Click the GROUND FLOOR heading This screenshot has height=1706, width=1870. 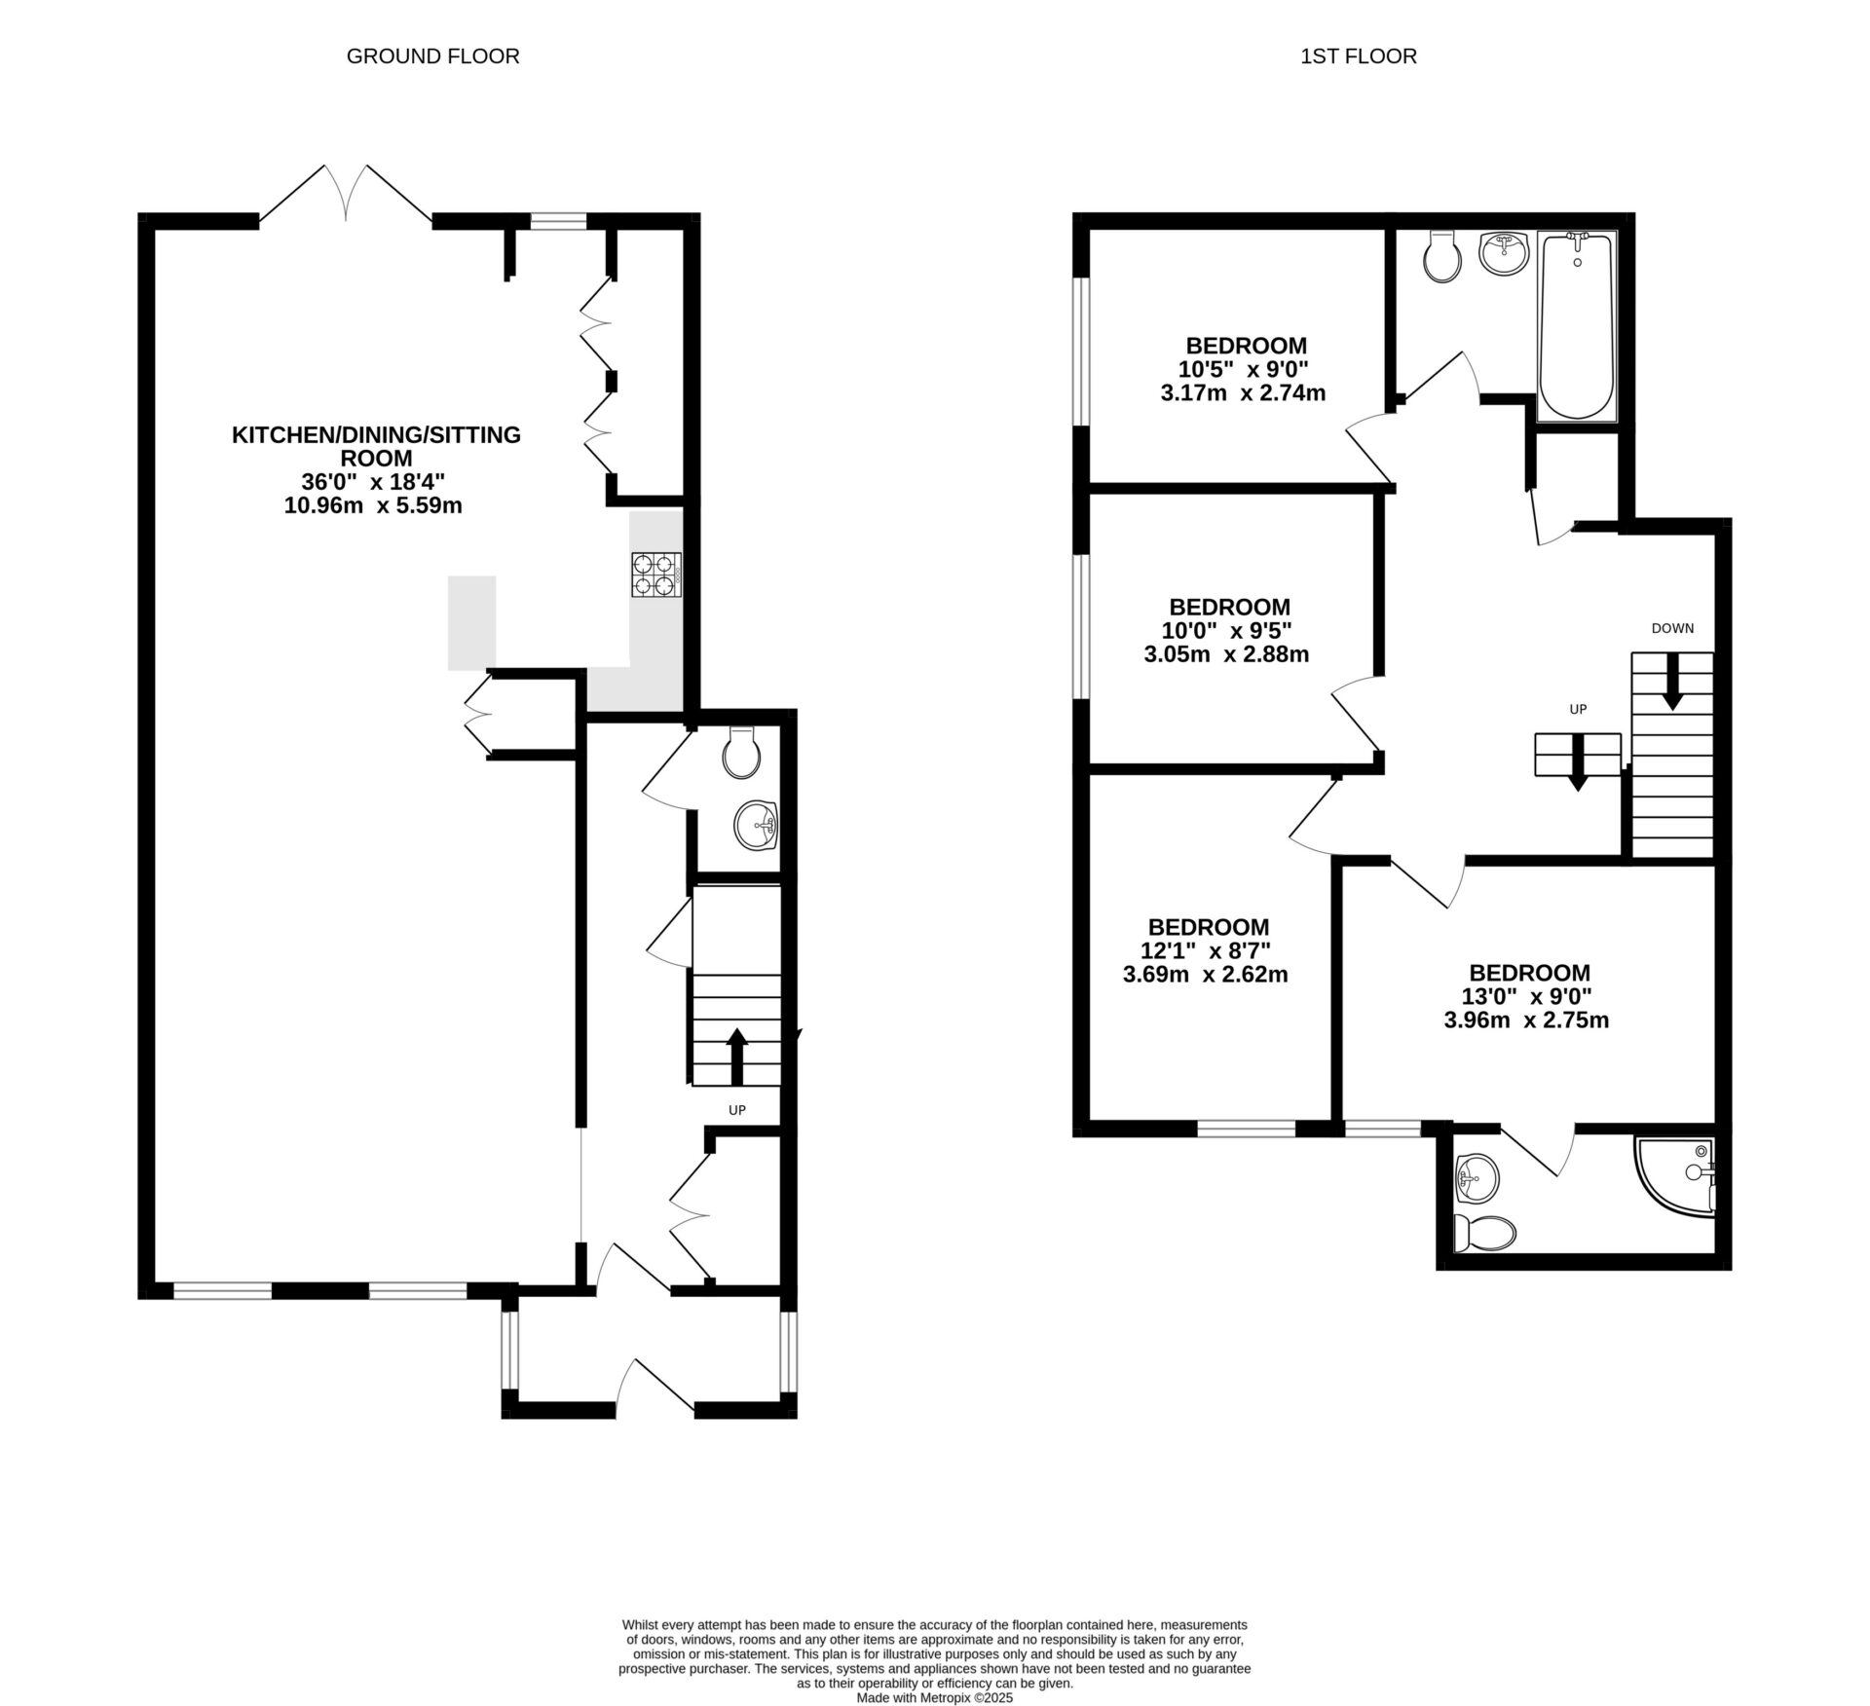pyautogui.click(x=432, y=56)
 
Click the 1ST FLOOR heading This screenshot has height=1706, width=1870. pyautogui.click(x=1358, y=56)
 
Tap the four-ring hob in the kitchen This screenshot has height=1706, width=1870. pyautogui.click(x=655, y=574)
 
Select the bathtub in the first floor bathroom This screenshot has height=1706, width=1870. pyautogui.click(x=1576, y=326)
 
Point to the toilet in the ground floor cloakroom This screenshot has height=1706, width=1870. pyautogui.click(x=743, y=753)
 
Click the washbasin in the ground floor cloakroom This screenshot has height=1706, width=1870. pyautogui.click(x=755, y=825)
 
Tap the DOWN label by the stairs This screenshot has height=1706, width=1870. pyautogui.click(x=1672, y=628)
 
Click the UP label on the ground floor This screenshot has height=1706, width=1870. pyautogui.click(x=737, y=1109)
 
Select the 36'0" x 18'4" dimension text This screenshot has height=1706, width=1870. pyautogui.click(x=373, y=481)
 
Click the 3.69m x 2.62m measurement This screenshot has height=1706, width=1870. pyautogui.click(x=1205, y=974)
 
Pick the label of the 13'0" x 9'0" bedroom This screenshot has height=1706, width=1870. pyautogui.click(x=1529, y=973)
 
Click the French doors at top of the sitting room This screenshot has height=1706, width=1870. pyautogui.click(x=346, y=195)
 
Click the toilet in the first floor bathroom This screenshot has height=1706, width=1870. pyautogui.click(x=1441, y=257)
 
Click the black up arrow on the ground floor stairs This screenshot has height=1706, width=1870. pyautogui.click(x=736, y=1056)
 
